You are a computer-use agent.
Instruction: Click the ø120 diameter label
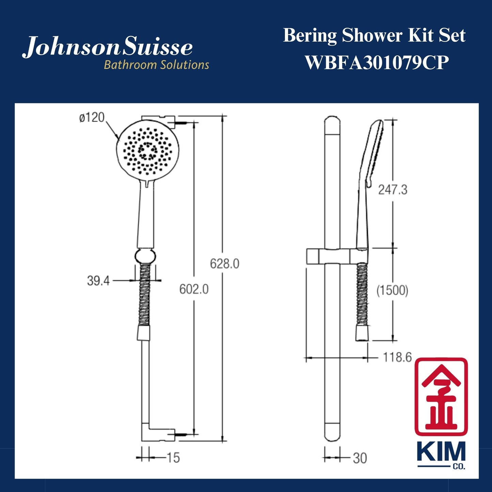tap(92, 118)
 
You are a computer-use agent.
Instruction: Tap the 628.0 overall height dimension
tap(224, 264)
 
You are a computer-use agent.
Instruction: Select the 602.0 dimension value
tap(194, 289)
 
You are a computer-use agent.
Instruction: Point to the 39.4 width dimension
tap(98, 281)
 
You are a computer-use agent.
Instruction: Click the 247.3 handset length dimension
tap(393, 190)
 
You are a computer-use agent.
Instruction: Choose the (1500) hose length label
tap(392, 290)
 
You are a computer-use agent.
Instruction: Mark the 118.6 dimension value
tap(397, 357)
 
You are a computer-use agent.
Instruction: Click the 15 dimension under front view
tap(173, 458)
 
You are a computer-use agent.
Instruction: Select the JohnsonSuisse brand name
tap(108, 47)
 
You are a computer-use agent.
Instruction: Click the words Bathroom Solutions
tap(156, 65)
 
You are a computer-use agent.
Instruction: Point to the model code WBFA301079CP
tap(376, 63)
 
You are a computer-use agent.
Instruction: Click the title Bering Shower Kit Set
tap(374, 35)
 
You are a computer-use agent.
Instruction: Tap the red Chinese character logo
tap(441, 396)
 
